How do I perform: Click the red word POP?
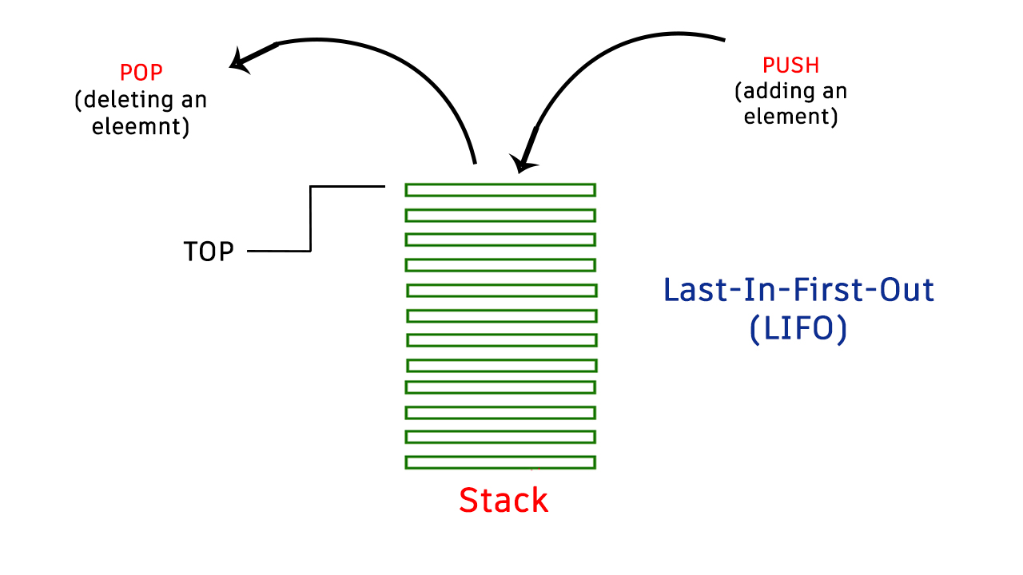(x=141, y=73)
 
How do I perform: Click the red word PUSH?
(x=791, y=65)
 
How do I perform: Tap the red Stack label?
(x=504, y=501)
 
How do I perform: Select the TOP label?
(x=209, y=252)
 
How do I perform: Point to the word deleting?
(x=126, y=101)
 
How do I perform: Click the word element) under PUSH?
(x=791, y=117)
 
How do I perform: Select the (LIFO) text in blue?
(x=798, y=329)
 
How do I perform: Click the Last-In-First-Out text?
(x=798, y=289)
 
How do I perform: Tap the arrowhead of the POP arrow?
(x=241, y=61)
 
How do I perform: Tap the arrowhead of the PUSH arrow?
(x=523, y=162)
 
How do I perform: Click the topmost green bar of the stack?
(x=500, y=189)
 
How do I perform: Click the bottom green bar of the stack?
(x=500, y=462)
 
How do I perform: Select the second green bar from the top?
(x=500, y=215)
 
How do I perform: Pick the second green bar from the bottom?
(x=500, y=437)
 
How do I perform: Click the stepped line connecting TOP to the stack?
(x=310, y=219)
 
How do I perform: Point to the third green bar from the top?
(x=500, y=240)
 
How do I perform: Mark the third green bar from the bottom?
(x=500, y=412)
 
